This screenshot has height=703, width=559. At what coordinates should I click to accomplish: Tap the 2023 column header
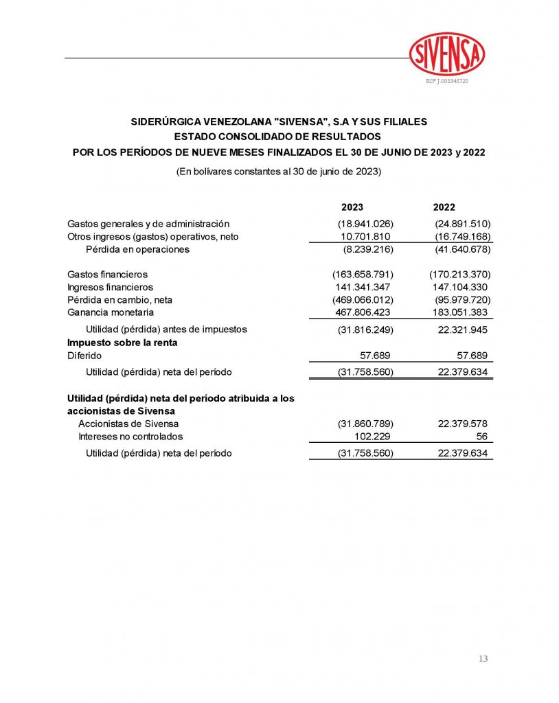[352, 207]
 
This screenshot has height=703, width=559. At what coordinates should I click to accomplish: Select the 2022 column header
[444, 207]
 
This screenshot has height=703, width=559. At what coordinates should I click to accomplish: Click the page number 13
[483, 659]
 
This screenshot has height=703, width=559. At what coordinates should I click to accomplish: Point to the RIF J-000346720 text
[447, 81]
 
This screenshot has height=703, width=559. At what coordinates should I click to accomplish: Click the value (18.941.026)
[365, 224]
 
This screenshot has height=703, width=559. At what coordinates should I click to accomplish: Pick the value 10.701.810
[365, 237]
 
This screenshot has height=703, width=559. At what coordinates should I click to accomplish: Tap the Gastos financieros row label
[107, 275]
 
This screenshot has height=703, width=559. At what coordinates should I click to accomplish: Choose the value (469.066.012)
[363, 300]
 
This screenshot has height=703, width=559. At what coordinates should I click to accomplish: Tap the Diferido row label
[84, 356]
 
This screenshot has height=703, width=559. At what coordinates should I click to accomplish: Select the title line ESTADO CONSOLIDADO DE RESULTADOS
[279, 137]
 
